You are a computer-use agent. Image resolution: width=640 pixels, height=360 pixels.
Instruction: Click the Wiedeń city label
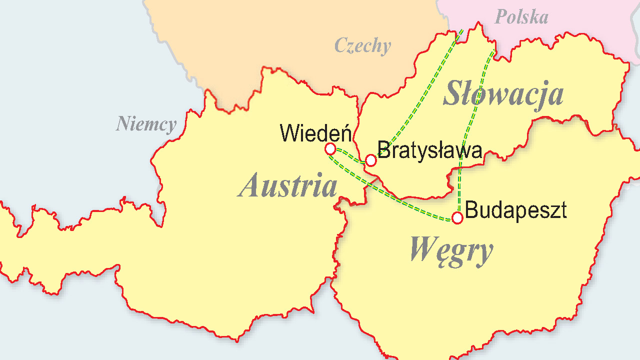(x=315, y=133)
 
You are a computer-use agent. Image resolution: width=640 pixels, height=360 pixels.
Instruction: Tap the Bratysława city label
(x=429, y=150)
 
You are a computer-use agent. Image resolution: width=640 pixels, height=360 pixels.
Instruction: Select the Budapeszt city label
(x=515, y=210)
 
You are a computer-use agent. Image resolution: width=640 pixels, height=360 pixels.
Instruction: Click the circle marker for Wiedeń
(x=330, y=148)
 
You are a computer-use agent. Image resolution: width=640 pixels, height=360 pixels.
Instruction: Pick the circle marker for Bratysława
(x=370, y=160)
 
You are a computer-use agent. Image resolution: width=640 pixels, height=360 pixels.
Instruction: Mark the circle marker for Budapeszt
(x=457, y=217)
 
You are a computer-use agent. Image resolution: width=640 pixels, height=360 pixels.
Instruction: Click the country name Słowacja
(x=503, y=94)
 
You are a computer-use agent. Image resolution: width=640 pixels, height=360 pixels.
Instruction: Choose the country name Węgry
(x=451, y=249)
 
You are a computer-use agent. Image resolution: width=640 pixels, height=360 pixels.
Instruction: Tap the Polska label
(x=521, y=17)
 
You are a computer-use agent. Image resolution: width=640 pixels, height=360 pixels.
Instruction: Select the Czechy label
(x=362, y=45)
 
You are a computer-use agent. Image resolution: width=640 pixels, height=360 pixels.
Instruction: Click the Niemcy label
(x=146, y=123)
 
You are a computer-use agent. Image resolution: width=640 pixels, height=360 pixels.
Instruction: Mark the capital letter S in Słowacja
(x=453, y=94)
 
